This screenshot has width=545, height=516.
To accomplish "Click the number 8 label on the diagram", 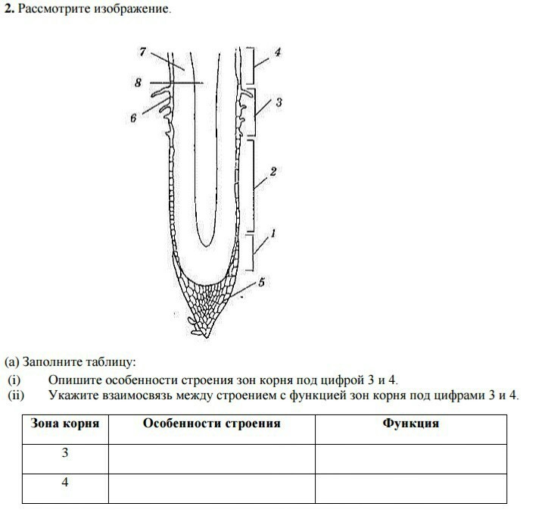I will click(138, 83).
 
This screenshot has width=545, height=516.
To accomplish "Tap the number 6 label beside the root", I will click(133, 118).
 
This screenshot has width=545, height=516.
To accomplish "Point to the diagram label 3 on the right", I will click(279, 101).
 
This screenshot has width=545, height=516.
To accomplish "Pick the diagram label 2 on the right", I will click(273, 172).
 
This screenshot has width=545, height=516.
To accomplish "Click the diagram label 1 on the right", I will click(272, 234).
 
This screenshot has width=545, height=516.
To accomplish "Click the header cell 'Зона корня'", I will click(65, 424).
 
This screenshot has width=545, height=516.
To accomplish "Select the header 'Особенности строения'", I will click(212, 424).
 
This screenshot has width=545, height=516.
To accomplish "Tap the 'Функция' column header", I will click(410, 424).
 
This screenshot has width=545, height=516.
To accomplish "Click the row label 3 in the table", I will click(65, 453).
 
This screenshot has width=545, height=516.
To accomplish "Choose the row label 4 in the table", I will click(65, 482).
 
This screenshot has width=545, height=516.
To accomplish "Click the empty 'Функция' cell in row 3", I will click(410, 458).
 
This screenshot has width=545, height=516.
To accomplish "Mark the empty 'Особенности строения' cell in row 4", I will click(212, 488).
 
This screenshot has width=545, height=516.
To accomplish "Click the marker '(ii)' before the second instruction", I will click(17, 395).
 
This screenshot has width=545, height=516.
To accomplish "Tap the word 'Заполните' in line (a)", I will click(49, 363).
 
